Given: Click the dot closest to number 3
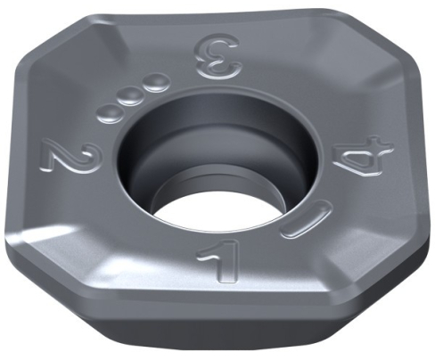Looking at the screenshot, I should tap(157, 85).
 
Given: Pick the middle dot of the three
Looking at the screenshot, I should tap(134, 96).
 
